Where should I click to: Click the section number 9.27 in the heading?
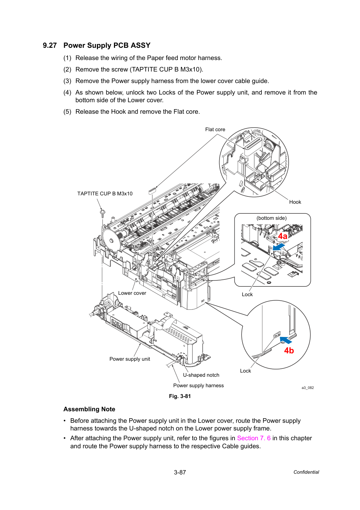[50, 45]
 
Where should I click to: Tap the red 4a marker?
[282, 236]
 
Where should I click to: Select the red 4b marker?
[289, 350]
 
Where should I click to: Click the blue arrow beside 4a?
[279, 247]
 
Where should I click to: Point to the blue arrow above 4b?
[286, 340]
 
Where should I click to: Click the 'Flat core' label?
[215, 129]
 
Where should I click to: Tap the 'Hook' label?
[295, 202]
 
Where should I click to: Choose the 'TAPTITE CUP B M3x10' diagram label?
[105, 194]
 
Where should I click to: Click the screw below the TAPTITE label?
[102, 213]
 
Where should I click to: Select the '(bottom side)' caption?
[271, 218]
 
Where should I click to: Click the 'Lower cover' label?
[132, 293]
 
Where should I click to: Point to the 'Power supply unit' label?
[130, 359]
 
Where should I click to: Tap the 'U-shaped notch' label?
[201, 375]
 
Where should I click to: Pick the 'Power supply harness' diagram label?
[198, 385]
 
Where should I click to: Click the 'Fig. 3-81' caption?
[180, 396]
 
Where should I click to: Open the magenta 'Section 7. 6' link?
[254, 438]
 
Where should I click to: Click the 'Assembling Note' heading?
[89, 409]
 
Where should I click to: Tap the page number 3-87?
[180, 472]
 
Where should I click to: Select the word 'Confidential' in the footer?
[306, 472]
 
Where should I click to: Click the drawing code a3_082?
[308, 388]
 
